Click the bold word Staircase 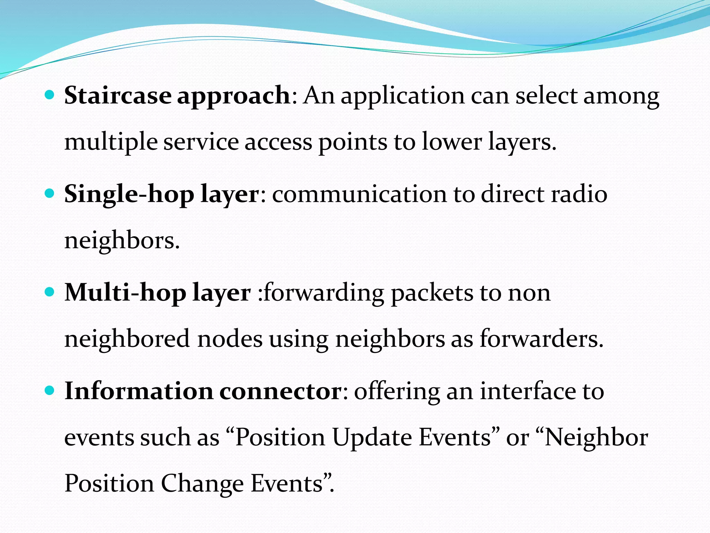click(118, 95)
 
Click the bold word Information click(139, 391)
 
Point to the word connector click(281, 391)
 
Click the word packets click(432, 293)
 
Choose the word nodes click(230, 339)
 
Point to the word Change click(202, 484)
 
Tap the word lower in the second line click(452, 142)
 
